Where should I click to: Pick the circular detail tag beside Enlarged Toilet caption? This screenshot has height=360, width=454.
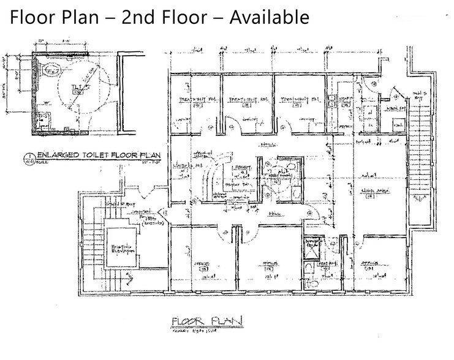(x=29, y=156)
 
